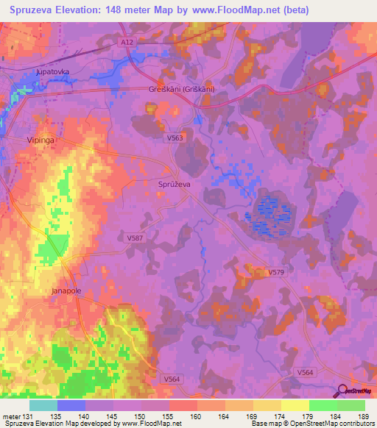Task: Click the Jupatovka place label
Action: (52, 73)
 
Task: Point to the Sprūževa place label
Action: (175, 185)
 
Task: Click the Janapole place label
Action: (66, 290)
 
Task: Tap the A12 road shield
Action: (127, 43)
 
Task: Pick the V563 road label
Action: (175, 137)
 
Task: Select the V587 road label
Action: (134, 238)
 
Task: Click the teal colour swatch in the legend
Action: (43, 405)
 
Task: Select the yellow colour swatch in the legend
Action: (295, 405)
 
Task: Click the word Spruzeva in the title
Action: (32, 10)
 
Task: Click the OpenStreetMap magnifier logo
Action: (342, 391)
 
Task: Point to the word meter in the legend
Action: (11, 416)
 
